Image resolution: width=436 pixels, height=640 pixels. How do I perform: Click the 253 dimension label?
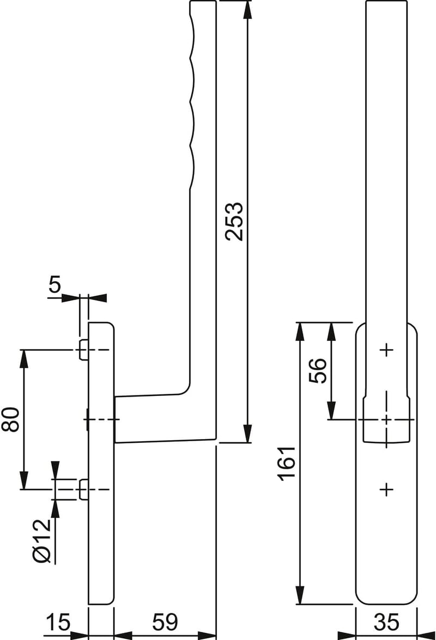[235, 221]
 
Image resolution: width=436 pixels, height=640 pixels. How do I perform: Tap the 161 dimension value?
[287, 464]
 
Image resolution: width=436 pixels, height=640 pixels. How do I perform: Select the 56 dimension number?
[318, 370]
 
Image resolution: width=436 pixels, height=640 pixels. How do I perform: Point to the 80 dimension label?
[10, 419]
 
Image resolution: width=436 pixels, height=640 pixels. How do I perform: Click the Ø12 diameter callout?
[42, 541]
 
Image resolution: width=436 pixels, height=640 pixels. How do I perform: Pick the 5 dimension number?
[55, 284]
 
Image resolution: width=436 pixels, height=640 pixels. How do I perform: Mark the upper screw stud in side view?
[84, 350]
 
